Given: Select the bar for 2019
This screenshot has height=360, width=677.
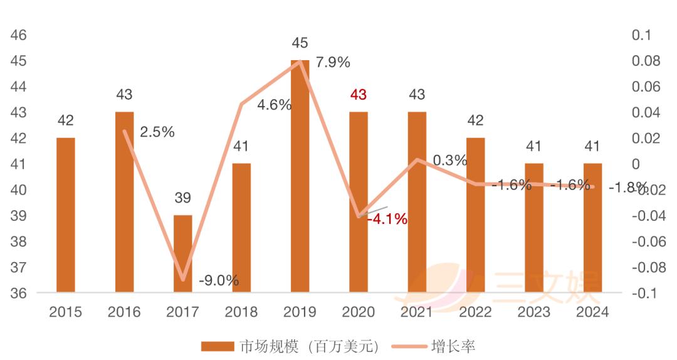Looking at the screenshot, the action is [300, 176].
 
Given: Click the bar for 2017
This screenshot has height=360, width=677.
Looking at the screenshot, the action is [182, 253].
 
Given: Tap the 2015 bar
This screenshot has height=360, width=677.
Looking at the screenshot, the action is [66, 215].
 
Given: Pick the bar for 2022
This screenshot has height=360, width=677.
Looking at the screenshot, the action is [475, 215].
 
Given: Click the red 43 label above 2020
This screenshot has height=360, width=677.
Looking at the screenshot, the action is [359, 95].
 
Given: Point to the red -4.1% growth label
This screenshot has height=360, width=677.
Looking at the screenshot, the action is [387, 219].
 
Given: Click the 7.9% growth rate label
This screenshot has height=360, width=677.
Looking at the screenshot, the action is [333, 62].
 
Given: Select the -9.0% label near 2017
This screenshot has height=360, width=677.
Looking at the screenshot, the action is [219, 280].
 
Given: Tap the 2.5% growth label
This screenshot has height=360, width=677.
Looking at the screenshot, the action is [157, 132].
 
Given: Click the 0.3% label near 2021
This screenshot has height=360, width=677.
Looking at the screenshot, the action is [450, 161].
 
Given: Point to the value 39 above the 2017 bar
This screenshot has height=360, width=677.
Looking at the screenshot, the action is [182, 198].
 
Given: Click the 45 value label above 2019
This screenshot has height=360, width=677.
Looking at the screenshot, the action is [300, 43].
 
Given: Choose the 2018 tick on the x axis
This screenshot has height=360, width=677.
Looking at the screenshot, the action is [241, 312].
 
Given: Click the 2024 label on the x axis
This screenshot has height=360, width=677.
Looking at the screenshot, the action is [592, 312].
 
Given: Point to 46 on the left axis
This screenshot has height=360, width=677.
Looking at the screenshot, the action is [19, 35].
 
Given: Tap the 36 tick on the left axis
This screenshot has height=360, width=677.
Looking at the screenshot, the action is [19, 293].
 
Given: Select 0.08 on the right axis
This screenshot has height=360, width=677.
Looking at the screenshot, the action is [646, 61].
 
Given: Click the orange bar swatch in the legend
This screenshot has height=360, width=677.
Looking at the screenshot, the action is [218, 346].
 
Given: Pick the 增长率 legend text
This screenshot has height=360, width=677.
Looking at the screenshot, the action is [453, 346].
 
